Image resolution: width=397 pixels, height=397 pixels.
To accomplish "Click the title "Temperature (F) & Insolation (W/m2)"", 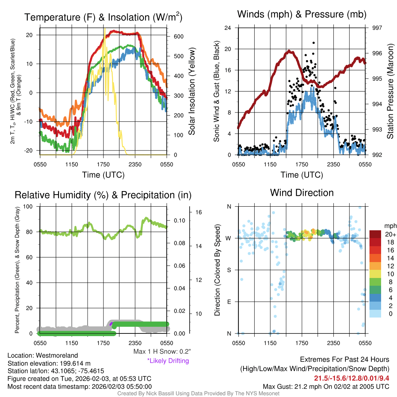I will pos(103,17).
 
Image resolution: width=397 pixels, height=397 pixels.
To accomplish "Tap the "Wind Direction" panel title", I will pos(302,193).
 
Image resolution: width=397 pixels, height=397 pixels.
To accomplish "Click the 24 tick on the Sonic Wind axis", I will pos(228,28).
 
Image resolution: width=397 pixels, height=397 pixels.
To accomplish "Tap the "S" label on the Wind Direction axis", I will pos(229,270).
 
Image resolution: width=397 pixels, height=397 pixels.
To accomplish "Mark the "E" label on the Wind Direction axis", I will pos(229,302).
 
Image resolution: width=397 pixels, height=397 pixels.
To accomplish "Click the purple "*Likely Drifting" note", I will pos(168,361).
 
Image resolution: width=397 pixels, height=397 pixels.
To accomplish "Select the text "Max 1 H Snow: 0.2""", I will pos(162,352).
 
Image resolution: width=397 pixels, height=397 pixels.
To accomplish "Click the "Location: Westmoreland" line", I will pos(43,356).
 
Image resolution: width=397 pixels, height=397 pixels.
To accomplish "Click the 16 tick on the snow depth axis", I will pos(199,212).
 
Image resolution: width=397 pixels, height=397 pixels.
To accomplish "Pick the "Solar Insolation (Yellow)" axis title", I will pos(192,91).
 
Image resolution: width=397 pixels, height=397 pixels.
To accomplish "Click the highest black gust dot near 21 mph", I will pos(313,43).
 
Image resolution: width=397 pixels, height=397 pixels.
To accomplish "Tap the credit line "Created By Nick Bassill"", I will pos(198,394).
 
